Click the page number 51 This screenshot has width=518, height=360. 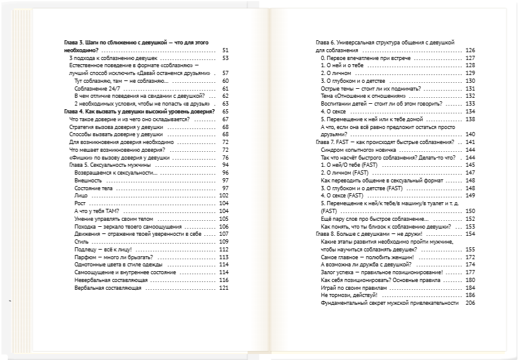[225, 50]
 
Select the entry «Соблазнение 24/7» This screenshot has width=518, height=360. [96, 88]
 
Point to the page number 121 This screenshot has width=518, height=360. [224, 288]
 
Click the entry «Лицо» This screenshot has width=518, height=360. [81, 196]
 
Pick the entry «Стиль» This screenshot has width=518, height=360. [82, 242]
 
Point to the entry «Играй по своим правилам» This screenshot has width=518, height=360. [356, 287]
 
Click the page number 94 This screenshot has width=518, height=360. [225, 165]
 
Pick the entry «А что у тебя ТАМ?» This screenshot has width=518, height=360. [97, 211]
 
